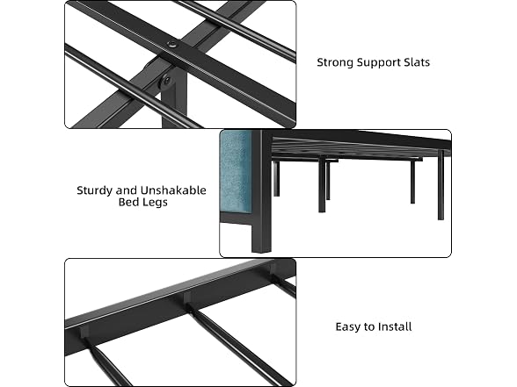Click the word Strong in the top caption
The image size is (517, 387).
[335, 62]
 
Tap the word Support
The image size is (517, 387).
[379, 63]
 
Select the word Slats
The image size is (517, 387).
[417, 62]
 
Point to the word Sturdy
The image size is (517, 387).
[92, 191]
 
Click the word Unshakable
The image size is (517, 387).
[173, 190]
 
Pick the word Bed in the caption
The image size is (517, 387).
[127, 202]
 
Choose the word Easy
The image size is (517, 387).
[347, 327]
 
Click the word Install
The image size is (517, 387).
[395, 326]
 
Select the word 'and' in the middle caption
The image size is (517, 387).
[125, 190]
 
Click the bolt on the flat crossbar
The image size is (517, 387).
[171, 45]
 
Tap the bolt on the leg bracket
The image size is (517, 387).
[167, 81]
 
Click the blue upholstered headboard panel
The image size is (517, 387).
[236, 170]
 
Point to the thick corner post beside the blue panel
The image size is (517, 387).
[261, 191]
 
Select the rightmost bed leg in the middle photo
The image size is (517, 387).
[441, 184]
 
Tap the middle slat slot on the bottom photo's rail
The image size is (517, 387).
[188, 298]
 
